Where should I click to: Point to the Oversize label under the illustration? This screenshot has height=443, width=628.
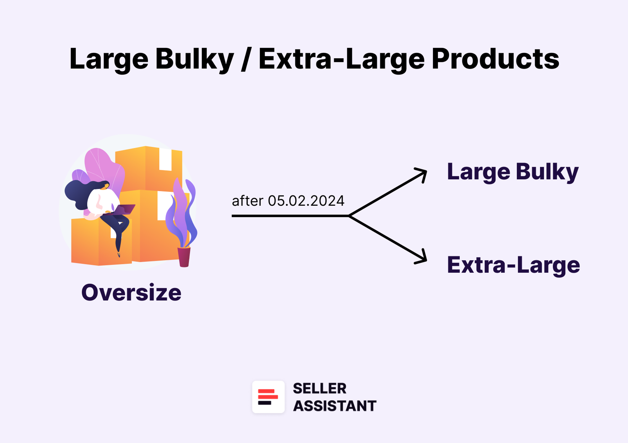131,293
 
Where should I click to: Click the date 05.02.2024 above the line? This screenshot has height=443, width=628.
306,201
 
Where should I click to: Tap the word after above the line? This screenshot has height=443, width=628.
247,201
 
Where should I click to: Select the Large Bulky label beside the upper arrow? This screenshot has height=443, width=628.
513,172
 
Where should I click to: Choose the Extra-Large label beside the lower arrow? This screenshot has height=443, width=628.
513,265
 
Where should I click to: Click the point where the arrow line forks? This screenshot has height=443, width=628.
349,216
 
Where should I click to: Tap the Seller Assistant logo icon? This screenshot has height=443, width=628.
268,397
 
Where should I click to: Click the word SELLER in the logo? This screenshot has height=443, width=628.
320,388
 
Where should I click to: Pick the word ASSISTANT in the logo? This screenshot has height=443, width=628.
334,406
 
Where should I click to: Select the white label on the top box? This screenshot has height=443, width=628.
165,160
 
